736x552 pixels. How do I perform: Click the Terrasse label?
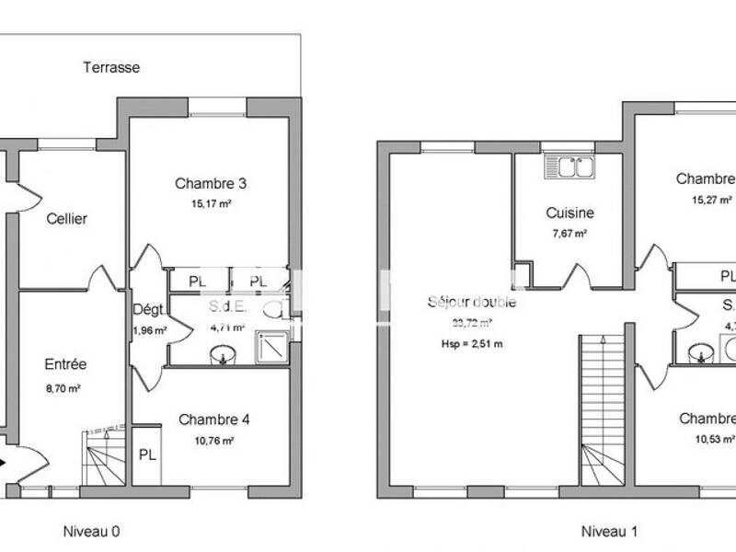coord(111,67)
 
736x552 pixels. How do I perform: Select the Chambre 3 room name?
coord(211,183)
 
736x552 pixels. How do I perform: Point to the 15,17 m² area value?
coord(211,204)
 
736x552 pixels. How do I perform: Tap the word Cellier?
coord(67,219)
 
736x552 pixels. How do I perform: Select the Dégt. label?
coord(147,309)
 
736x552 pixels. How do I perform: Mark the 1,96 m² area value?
coord(148,330)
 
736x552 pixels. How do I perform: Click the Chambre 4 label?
coord(214,420)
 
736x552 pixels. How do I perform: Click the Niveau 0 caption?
coord(91,531)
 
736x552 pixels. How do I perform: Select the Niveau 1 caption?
coord(607,531)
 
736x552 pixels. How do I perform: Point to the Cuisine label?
coord(569,213)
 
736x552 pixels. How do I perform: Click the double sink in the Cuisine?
coord(569,167)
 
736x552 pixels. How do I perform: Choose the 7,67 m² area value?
coord(569,234)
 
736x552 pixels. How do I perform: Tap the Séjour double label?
coord(472,302)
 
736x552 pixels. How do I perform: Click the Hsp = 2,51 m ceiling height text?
coord(472,344)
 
